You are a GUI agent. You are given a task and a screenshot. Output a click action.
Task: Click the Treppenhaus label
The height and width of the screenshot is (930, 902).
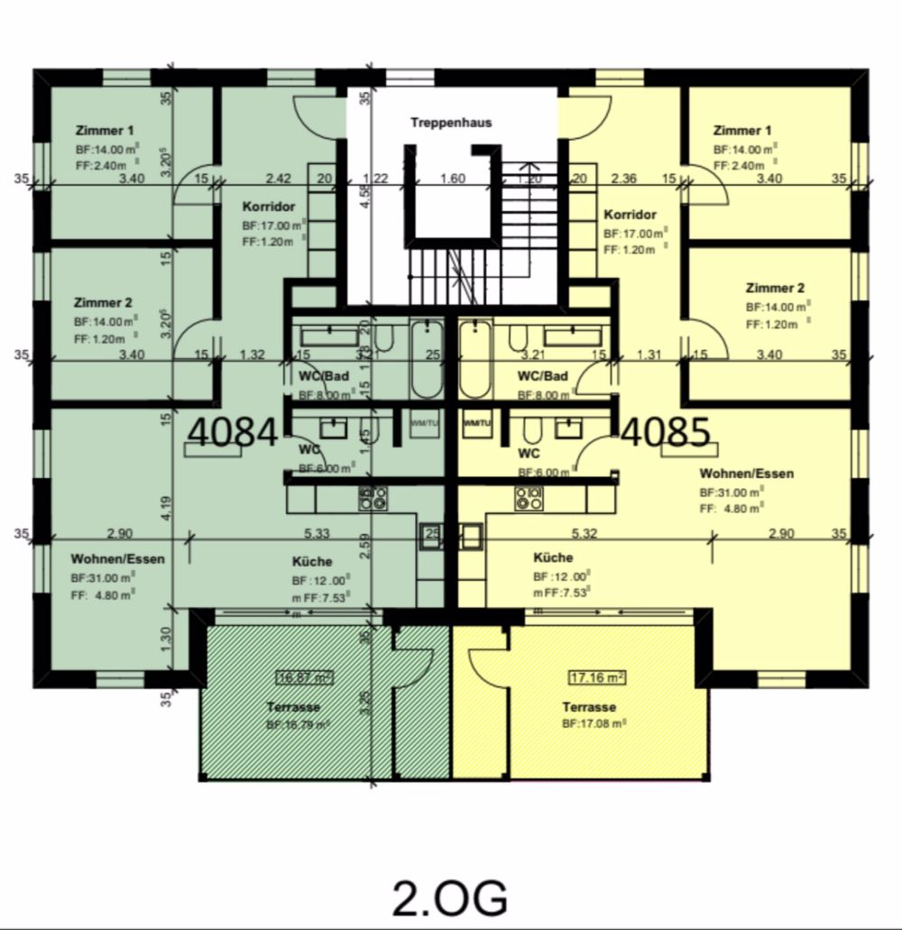(451, 123)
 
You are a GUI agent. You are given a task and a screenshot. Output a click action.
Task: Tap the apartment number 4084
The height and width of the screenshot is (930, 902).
(232, 432)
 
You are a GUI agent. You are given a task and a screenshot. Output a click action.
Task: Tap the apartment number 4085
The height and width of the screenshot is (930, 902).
(666, 432)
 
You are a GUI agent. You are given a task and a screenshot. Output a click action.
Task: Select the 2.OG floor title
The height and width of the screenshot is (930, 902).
(450, 898)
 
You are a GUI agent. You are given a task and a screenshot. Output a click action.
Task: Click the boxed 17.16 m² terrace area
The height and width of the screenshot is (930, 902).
(597, 677)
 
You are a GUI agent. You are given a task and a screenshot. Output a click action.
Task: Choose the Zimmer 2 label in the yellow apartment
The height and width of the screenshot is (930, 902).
(774, 289)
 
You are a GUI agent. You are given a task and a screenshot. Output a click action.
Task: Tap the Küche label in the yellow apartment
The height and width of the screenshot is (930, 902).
(553, 557)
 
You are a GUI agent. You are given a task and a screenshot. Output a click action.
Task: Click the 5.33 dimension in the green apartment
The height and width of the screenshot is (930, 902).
(316, 533)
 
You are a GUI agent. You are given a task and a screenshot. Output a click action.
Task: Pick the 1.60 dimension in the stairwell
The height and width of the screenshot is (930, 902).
(452, 179)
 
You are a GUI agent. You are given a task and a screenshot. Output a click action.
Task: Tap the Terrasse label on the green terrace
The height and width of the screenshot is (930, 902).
(294, 706)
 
